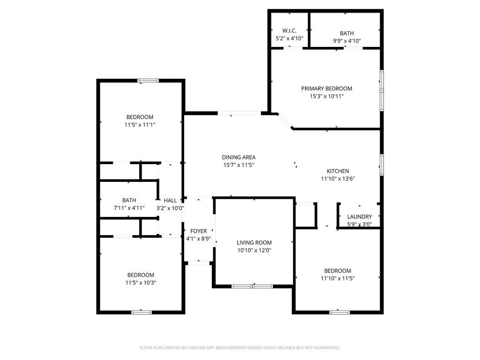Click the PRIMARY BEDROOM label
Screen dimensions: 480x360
click(327, 89)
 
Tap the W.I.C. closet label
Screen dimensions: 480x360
click(289, 30)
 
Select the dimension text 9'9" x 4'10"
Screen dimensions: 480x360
click(347, 41)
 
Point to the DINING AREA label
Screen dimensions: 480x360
click(239, 157)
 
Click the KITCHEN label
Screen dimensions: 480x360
click(338, 171)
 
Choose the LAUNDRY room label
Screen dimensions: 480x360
click(360, 217)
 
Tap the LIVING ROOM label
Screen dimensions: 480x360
click(254, 243)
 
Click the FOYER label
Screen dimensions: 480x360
click(199, 231)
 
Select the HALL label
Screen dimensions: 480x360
click(170, 201)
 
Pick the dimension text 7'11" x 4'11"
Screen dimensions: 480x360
click(129, 208)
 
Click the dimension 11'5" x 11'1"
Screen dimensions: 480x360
click(140, 125)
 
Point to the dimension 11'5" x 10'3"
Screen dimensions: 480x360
click(141, 283)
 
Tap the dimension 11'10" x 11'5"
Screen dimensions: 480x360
click(337, 278)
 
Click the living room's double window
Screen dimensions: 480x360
click(252, 286)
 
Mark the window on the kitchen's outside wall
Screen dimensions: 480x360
click(382, 165)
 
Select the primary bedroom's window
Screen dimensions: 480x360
click(382, 90)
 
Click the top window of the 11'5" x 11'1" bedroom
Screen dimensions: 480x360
click(149, 81)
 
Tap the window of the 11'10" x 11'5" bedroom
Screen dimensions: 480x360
click(339, 312)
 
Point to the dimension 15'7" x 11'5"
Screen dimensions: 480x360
click(239, 165)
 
